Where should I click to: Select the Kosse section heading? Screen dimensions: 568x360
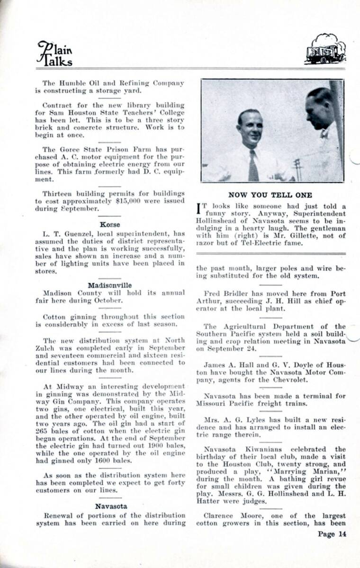pos(110,224)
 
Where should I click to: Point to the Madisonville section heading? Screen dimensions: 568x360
pos(110,285)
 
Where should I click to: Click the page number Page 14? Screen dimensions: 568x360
pos(332,534)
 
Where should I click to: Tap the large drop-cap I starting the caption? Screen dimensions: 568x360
pos(199,210)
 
